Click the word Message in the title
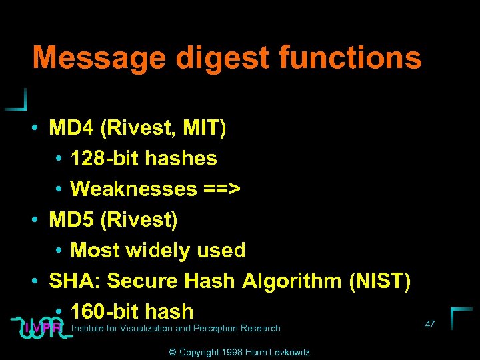(99, 58)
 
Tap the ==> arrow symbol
(222, 189)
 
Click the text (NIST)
(379, 281)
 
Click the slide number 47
(430, 324)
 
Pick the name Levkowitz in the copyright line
(287, 352)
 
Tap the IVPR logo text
(42, 328)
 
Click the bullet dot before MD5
(34, 220)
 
